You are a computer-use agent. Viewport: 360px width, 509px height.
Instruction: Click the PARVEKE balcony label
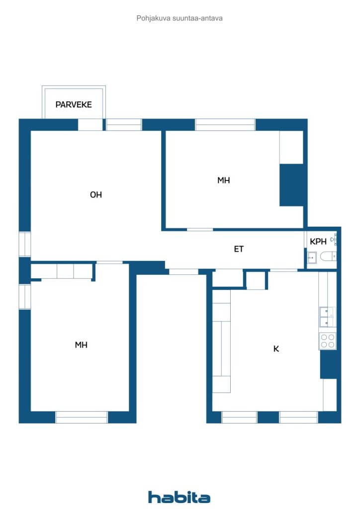coord(74,104)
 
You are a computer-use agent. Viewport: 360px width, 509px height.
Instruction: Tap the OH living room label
coord(96,195)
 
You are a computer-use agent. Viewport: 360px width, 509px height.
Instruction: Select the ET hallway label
coord(239,249)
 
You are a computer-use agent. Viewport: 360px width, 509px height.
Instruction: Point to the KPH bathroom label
coord(318,242)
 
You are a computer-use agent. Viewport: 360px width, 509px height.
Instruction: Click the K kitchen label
coord(276,348)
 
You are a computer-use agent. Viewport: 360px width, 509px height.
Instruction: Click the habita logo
coord(179,497)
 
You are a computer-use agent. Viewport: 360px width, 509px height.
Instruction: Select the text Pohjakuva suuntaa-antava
coord(179,18)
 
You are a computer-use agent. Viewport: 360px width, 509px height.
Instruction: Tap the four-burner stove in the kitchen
coord(327,341)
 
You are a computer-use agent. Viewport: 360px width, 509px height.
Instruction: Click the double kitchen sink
coord(327,317)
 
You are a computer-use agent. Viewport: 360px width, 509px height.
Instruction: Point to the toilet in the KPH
coord(328,257)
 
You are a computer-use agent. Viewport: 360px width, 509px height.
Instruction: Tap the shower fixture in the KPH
coord(334,240)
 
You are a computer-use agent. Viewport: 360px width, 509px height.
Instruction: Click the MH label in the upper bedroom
coord(223,180)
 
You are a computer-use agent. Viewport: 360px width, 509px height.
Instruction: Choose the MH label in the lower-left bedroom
coord(81,345)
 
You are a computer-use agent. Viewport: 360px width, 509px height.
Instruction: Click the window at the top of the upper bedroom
coord(225,125)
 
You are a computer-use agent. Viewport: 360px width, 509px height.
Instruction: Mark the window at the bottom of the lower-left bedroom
coord(81,417)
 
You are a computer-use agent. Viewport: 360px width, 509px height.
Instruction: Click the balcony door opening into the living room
coord(90,125)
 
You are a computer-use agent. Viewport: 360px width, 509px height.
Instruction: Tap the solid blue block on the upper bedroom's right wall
coord(291,185)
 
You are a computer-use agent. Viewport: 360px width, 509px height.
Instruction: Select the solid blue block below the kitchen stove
coord(328,364)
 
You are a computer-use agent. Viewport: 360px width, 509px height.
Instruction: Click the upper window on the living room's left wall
coord(25,244)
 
